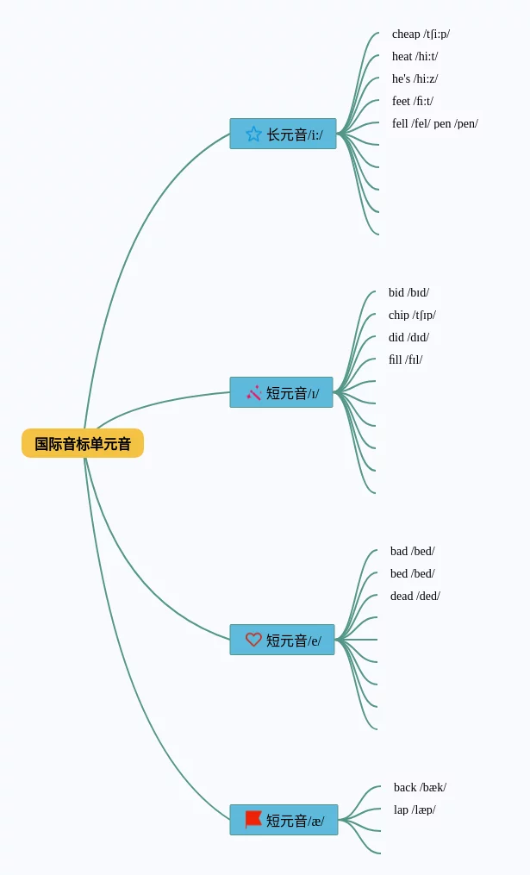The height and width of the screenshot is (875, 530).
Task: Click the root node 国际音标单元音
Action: click(83, 443)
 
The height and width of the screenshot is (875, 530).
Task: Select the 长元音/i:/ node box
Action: click(283, 134)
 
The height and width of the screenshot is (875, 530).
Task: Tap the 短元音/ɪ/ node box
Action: click(281, 392)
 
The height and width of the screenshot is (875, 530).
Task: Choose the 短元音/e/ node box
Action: click(282, 640)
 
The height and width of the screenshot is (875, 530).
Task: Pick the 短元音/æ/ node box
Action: click(284, 820)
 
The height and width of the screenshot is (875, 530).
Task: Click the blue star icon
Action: click(253, 134)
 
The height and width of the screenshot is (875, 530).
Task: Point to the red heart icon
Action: click(253, 640)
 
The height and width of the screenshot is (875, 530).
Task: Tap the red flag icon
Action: click(253, 819)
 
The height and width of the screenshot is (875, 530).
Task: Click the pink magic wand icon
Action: click(253, 392)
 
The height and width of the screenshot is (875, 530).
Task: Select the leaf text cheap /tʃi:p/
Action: click(421, 34)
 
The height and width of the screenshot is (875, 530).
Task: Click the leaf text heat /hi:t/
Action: click(415, 57)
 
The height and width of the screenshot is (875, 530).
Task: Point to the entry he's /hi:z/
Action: click(415, 79)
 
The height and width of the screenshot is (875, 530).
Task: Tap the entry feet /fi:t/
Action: click(413, 102)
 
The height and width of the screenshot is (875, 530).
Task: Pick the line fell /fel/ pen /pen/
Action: click(434, 124)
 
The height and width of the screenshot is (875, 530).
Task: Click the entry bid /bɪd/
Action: click(408, 293)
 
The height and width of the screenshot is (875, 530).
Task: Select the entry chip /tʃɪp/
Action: click(412, 316)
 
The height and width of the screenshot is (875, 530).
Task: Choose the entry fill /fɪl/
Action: click(405, 360)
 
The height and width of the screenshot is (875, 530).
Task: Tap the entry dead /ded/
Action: click(415, 597)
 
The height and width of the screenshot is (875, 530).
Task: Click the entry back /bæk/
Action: click(420, 788)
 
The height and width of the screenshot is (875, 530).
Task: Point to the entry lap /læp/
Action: click(415, 810)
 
